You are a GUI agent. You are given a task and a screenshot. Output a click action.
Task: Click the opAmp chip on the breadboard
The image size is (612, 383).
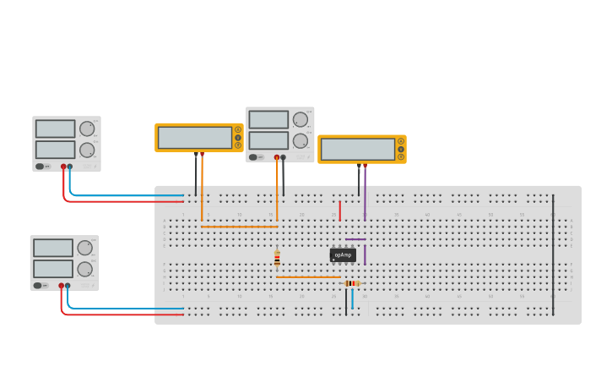[x=343, y=254]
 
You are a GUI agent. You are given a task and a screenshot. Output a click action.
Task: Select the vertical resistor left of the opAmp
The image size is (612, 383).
[x=277, y=259]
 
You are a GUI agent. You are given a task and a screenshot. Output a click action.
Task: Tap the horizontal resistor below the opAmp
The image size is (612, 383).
[x=352, y=283]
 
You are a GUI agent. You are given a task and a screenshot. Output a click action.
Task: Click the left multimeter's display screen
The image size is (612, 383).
[x=195, y=137]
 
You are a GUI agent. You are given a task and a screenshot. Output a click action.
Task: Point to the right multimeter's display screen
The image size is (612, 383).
[x=358, y=149]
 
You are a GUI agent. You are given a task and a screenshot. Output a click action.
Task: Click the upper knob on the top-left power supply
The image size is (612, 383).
[x=87, y=129]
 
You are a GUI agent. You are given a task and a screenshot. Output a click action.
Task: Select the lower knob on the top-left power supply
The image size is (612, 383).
[x=87, y=150]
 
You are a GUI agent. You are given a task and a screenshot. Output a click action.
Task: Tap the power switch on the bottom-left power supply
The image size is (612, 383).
[x=38, y=286]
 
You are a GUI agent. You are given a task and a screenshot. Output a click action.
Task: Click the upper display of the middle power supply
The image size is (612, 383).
[x=268, y=120]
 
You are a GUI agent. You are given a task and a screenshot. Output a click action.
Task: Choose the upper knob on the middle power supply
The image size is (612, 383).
[x=301, y=120]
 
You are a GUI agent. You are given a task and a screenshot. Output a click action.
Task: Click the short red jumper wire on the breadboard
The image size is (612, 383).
[x=340, y=211]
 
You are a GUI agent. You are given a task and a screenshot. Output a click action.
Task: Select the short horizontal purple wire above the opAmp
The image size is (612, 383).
[x=355, y=239]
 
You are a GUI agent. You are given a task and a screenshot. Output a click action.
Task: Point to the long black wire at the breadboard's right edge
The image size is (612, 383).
[x=553, y=254]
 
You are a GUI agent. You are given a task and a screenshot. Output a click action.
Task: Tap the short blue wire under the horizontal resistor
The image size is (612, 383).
[x=352, y=298]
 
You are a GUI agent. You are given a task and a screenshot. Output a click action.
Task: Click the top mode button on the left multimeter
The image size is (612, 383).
[x=238, y=129]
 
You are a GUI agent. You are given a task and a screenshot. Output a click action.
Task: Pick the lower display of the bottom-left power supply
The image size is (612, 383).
[x=52, y=269]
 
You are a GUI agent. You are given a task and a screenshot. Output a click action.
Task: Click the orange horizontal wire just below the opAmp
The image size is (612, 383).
[x=308, y=276]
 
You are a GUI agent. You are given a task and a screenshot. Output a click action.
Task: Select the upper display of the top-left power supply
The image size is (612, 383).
[x=55, y=129]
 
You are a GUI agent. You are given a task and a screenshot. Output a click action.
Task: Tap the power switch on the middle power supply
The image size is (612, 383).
[x=253, y=157]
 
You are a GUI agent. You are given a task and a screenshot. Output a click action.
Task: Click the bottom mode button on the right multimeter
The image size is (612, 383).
[x=401, y=156]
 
